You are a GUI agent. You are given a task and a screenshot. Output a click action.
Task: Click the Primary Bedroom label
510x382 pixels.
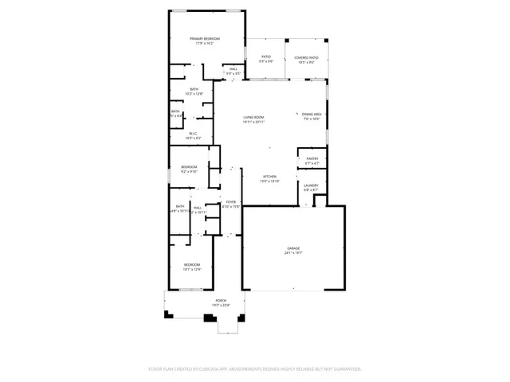pos(204,38)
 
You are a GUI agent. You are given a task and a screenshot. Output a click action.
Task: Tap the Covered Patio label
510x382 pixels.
pos(306,57)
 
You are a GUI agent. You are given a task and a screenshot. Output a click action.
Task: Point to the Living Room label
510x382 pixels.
pos(253,118)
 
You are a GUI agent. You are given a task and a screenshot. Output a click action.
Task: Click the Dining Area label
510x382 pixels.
pos(312,115)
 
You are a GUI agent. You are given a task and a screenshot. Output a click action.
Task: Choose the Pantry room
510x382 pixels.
pos(312,160)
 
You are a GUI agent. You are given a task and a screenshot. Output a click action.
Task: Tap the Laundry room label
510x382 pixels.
pos(311,185)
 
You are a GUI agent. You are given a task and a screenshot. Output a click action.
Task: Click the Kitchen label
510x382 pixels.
pos(269,177)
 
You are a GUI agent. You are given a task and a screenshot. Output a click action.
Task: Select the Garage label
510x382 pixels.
pos(293,248)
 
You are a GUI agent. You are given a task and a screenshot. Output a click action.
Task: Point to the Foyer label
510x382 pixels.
pos(230,202)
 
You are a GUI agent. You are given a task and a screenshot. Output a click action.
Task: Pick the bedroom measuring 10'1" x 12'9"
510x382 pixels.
pos(192,267)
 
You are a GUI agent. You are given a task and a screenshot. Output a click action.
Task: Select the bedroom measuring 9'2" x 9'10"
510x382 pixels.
pos(189,169)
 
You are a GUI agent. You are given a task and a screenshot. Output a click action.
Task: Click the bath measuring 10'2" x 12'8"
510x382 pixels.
pos(194,91)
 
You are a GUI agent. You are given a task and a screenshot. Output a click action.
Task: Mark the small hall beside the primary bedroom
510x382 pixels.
pos(233,69)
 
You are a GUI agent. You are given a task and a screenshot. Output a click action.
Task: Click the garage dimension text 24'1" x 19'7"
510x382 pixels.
pos(293,253)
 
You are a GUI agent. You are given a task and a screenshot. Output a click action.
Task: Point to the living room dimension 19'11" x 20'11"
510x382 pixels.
pos(253,123)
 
